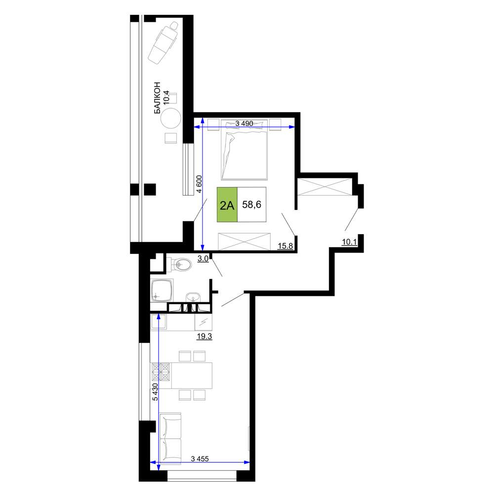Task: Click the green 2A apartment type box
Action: (x=227, y=205)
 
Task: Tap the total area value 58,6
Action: (x=252, y=205)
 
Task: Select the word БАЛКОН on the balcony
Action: (x=158, y=98)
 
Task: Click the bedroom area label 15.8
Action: (x=286, y=246)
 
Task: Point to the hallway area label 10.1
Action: (x=349, y=242)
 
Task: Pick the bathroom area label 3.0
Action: (x=203, y=259)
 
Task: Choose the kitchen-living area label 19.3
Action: (x=205, y=336)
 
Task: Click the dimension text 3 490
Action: (x=244, y=123)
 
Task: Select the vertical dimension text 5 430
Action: (x=155, y=392)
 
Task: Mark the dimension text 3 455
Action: (x=200, y=459)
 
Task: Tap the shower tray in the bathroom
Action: (x=162, y=290)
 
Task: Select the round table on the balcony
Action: (x=171, y=119)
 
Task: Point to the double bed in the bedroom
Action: (x=245, y=150)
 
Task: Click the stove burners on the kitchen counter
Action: (x=161, y=371)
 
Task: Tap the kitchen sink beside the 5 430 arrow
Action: (x=159, y=322)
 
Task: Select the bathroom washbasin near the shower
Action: (x=193, y=297)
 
